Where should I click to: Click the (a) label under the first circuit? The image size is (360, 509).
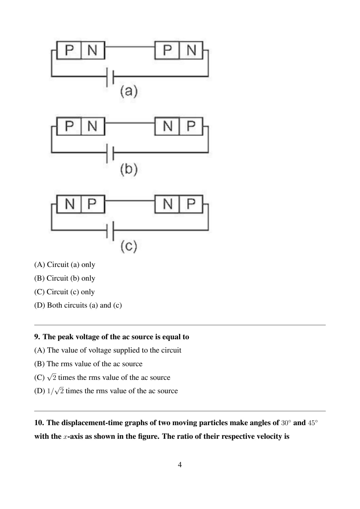click(129, 91)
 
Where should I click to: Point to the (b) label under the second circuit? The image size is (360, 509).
click(129, 169)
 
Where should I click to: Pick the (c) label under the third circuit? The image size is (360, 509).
click(129, 246)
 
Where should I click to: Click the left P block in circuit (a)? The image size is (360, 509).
click(69, 50)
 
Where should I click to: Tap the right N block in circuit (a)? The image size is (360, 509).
click(191, 50)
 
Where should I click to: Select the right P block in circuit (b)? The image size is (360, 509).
click(191, 126)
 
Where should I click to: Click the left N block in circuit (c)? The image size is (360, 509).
click(69, 204)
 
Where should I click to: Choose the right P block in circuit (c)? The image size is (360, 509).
click(191, 204)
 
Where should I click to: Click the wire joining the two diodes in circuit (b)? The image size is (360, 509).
click(129, 123)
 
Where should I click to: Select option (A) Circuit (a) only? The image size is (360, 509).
click(65, 265)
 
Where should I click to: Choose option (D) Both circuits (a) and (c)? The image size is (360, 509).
click(78, 305)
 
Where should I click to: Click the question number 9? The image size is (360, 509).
click(37, 337)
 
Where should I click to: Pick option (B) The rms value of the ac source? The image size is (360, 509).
click(88, 364)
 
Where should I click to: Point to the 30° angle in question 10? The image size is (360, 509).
click(285, 423)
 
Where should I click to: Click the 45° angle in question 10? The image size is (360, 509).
click(313, 423)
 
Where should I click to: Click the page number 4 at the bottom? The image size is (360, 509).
click(180, 465)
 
